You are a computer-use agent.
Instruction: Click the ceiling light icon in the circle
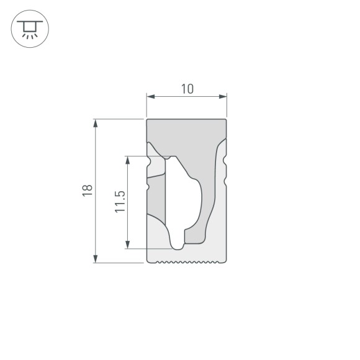tap(29, 29)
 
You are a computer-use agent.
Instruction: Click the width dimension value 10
tap(186, 89)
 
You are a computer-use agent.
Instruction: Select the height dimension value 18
tap(87, 191)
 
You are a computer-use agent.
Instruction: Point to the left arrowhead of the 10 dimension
tap(150, 97)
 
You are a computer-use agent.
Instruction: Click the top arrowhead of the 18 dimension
tap(96, 123)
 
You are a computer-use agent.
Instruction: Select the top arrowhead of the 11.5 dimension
tap(128, 160)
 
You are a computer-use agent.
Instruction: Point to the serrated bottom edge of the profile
tap(186, 263)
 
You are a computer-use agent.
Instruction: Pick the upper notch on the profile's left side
tap(148, 162)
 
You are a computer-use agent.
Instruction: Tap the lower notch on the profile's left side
tap(148, 184)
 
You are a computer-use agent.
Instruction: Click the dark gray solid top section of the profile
tap(186, 133)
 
